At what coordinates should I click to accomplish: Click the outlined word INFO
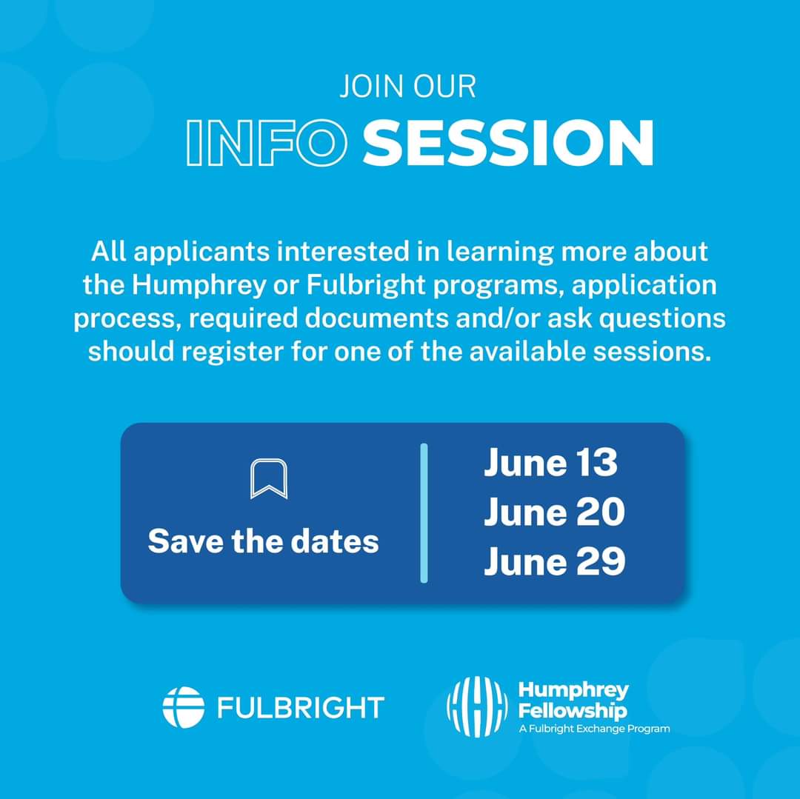267,143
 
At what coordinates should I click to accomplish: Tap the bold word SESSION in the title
508,143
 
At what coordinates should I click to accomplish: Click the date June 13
550,463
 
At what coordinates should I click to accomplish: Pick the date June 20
554,512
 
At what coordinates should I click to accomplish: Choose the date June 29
555,561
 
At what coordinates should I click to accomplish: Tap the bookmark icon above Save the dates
269,479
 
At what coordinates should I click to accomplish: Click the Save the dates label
263,541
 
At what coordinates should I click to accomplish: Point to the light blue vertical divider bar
424,513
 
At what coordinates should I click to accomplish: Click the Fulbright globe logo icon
184,707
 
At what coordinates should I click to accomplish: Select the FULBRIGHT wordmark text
301,708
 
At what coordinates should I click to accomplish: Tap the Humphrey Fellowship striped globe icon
477,707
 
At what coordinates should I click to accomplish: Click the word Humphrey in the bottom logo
573,691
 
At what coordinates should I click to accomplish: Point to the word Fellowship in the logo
573,711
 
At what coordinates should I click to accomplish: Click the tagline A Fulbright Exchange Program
594,729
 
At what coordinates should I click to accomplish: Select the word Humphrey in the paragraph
199,286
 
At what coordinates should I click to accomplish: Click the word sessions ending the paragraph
652,352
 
